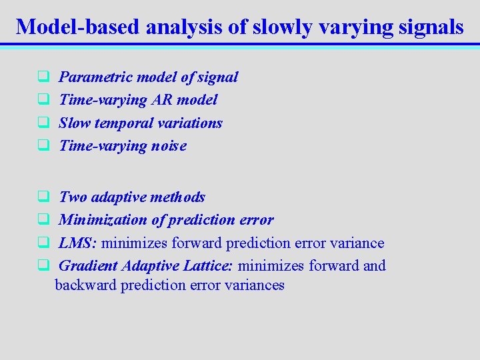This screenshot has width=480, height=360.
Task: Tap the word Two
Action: pyautogui.click(x=73, y=197)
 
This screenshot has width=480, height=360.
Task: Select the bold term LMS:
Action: pyautogui.click(x=78, y=243)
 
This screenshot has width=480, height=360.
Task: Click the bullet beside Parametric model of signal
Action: pyautogui.click(x=41, y=77)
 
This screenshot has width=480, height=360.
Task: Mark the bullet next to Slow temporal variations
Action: pyautogui.click(x=41, y=123)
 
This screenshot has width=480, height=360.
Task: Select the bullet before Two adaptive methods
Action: pyautogui.click(x=41, y=197)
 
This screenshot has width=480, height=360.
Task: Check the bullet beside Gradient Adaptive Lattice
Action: pyautogui.click(x=41, y=266)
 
